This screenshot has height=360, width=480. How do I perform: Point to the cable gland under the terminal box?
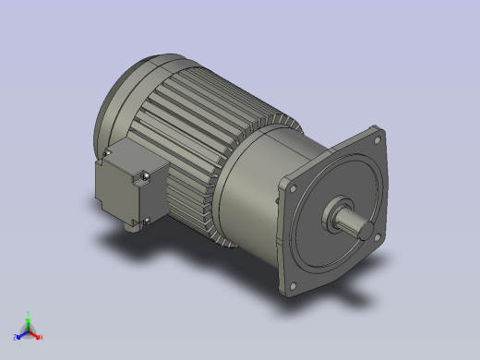[129, 227]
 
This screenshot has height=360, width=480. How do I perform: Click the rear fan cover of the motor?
[120, 102]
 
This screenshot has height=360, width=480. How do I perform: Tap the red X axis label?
[42, 337]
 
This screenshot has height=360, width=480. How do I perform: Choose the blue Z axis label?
[16, 338]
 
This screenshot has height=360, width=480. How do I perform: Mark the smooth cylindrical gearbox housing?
[249, 185]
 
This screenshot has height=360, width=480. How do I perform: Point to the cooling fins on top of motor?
[212, 102]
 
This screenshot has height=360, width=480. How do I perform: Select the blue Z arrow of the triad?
[21, 333]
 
